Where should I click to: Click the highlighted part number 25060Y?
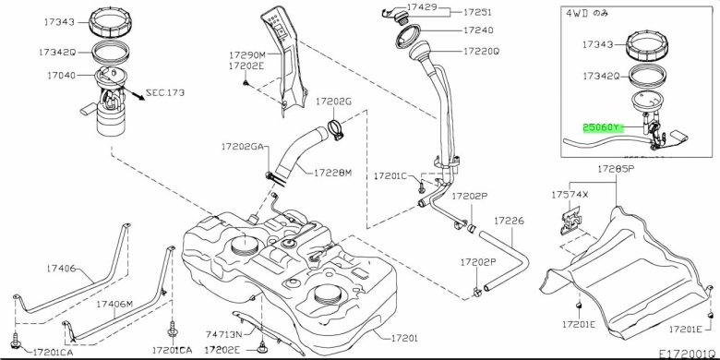(x=603, y=127)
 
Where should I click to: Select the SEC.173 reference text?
(x=165, y=92)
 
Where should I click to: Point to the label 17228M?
(x=333, y=174)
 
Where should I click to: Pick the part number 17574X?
(x=570, y=195)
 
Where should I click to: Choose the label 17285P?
(x=616, y=169)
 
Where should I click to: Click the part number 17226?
(x=509, y=221)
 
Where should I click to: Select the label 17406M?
(x=114, y=304)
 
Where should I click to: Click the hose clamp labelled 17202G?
(x=335, y=129)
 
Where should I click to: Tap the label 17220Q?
(x=481, y=52)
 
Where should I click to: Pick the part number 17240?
(x=478, y=30)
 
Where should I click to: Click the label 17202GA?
(x=243, y=147)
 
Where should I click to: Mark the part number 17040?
(x=61, y=75)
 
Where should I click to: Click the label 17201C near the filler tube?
(x=390, y=176)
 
